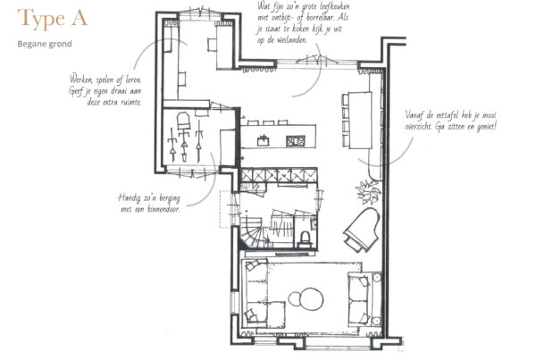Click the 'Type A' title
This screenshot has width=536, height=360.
point(53,19)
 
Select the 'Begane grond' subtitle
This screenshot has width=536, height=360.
point(45,44)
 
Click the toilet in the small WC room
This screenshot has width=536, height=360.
point(305,239)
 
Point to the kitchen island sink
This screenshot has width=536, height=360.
point(264,140)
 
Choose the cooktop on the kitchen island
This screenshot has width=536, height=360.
point(296,141)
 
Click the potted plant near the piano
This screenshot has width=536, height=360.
point(367,192)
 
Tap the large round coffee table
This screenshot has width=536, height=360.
point(311,298)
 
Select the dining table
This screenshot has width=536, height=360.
point(360,120)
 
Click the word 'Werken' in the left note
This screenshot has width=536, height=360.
point(81,80)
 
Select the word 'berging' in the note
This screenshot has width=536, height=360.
point(168,198)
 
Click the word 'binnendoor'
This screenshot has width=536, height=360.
point(163,209)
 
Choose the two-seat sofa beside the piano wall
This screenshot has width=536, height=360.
point(358,298)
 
